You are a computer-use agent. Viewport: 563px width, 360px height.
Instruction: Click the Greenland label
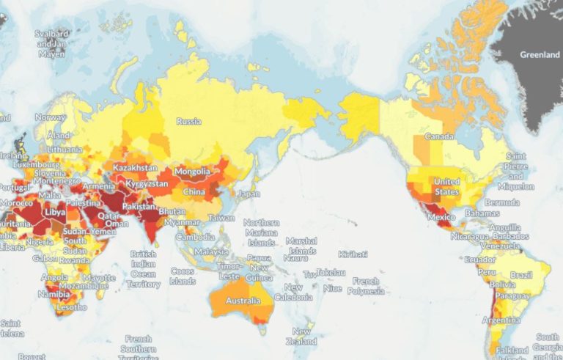point(539,54)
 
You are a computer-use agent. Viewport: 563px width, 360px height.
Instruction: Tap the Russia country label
point(188,122)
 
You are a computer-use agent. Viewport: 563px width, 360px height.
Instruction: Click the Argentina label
point(500,321)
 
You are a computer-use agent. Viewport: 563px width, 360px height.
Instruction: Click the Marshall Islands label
point(301,246)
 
